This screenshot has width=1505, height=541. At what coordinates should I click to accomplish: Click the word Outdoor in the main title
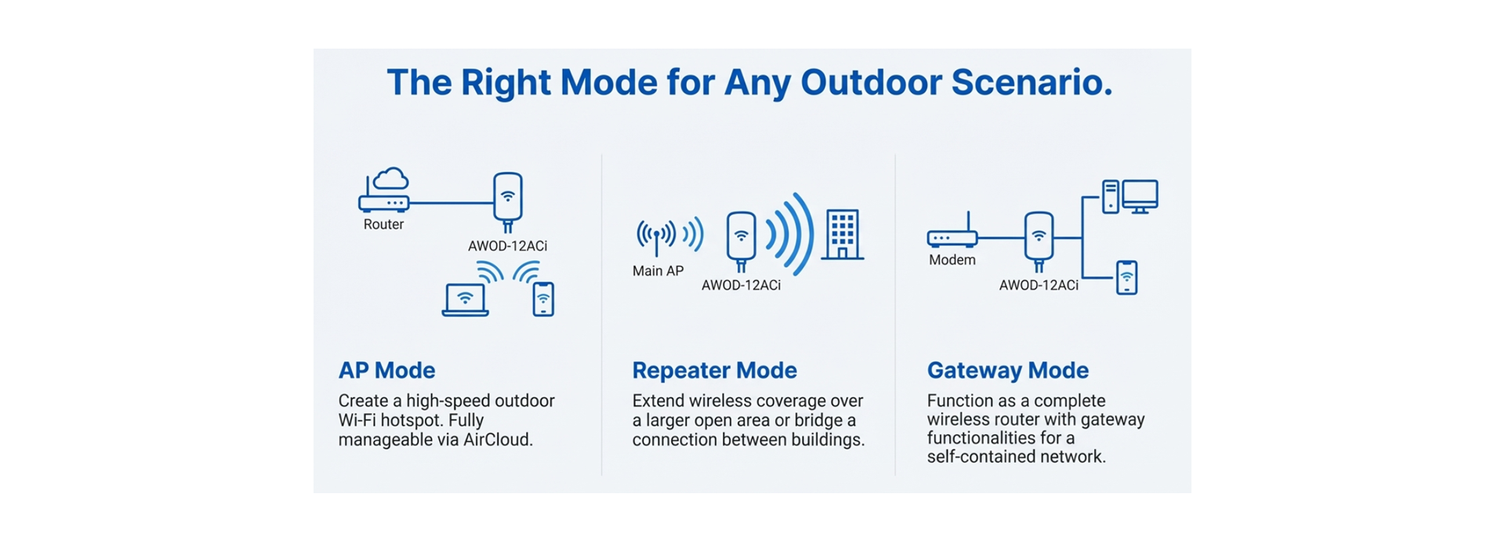pos(871,82)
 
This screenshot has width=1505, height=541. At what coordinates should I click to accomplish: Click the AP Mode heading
pos(386,370)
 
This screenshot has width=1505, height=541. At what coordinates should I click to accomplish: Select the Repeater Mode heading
pos(714,370)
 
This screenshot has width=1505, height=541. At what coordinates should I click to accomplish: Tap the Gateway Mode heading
pos(1007,370)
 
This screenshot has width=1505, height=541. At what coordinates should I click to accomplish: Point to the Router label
pos(383,224)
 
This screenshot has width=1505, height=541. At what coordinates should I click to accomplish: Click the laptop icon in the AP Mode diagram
pos(465,300)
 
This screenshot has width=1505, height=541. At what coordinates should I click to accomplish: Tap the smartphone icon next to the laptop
pos(543,299)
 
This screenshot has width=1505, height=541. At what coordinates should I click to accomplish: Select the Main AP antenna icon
pos(656,236)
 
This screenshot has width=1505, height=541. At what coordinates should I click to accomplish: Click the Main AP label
pos(658,270)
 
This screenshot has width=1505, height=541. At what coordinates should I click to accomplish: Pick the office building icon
pos(843,234)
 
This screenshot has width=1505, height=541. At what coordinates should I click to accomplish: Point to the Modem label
pos(952,260)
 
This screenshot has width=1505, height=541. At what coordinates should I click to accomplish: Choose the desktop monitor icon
pos(1140,196)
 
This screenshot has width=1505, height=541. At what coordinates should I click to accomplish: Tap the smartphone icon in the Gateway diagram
pos(1126,278)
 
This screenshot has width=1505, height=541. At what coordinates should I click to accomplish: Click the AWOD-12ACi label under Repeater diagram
pos(741,285)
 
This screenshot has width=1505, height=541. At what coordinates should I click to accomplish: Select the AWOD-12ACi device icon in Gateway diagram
pos(1039,238)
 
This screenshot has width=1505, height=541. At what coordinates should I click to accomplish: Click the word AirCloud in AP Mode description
pos(498,440)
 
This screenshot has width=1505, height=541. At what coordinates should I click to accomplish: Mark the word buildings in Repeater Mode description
pos(827,440)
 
